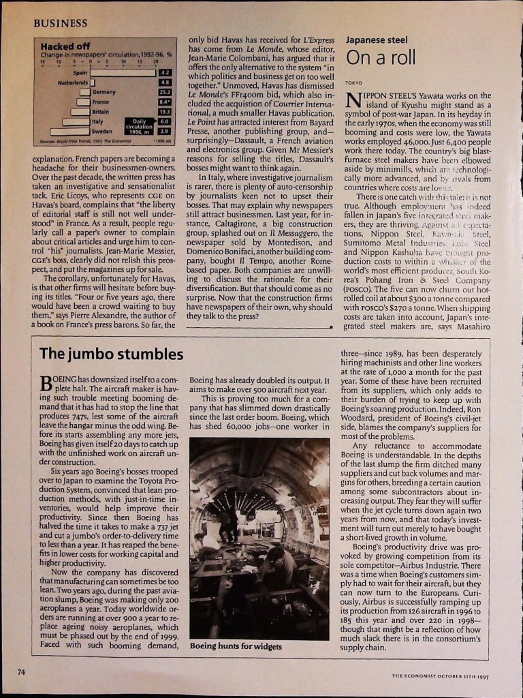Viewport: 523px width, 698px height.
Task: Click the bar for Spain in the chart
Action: [x=123, y=72]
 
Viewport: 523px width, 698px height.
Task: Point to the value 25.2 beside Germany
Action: [x=165, y=92]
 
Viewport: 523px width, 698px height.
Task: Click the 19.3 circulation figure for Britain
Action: [x=165, y=111]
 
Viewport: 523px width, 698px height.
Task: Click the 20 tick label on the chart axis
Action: [x=156, y=61]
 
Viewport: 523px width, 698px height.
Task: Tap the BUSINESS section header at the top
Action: [x=60, y=23]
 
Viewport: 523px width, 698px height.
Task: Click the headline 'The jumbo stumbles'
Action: [x=111, y=354]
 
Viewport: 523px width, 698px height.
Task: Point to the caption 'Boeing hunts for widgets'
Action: [x=235, y=646]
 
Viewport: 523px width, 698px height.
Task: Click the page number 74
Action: [x=22, y=672]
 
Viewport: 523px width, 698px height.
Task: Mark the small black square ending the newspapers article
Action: [x=330, y=327]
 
